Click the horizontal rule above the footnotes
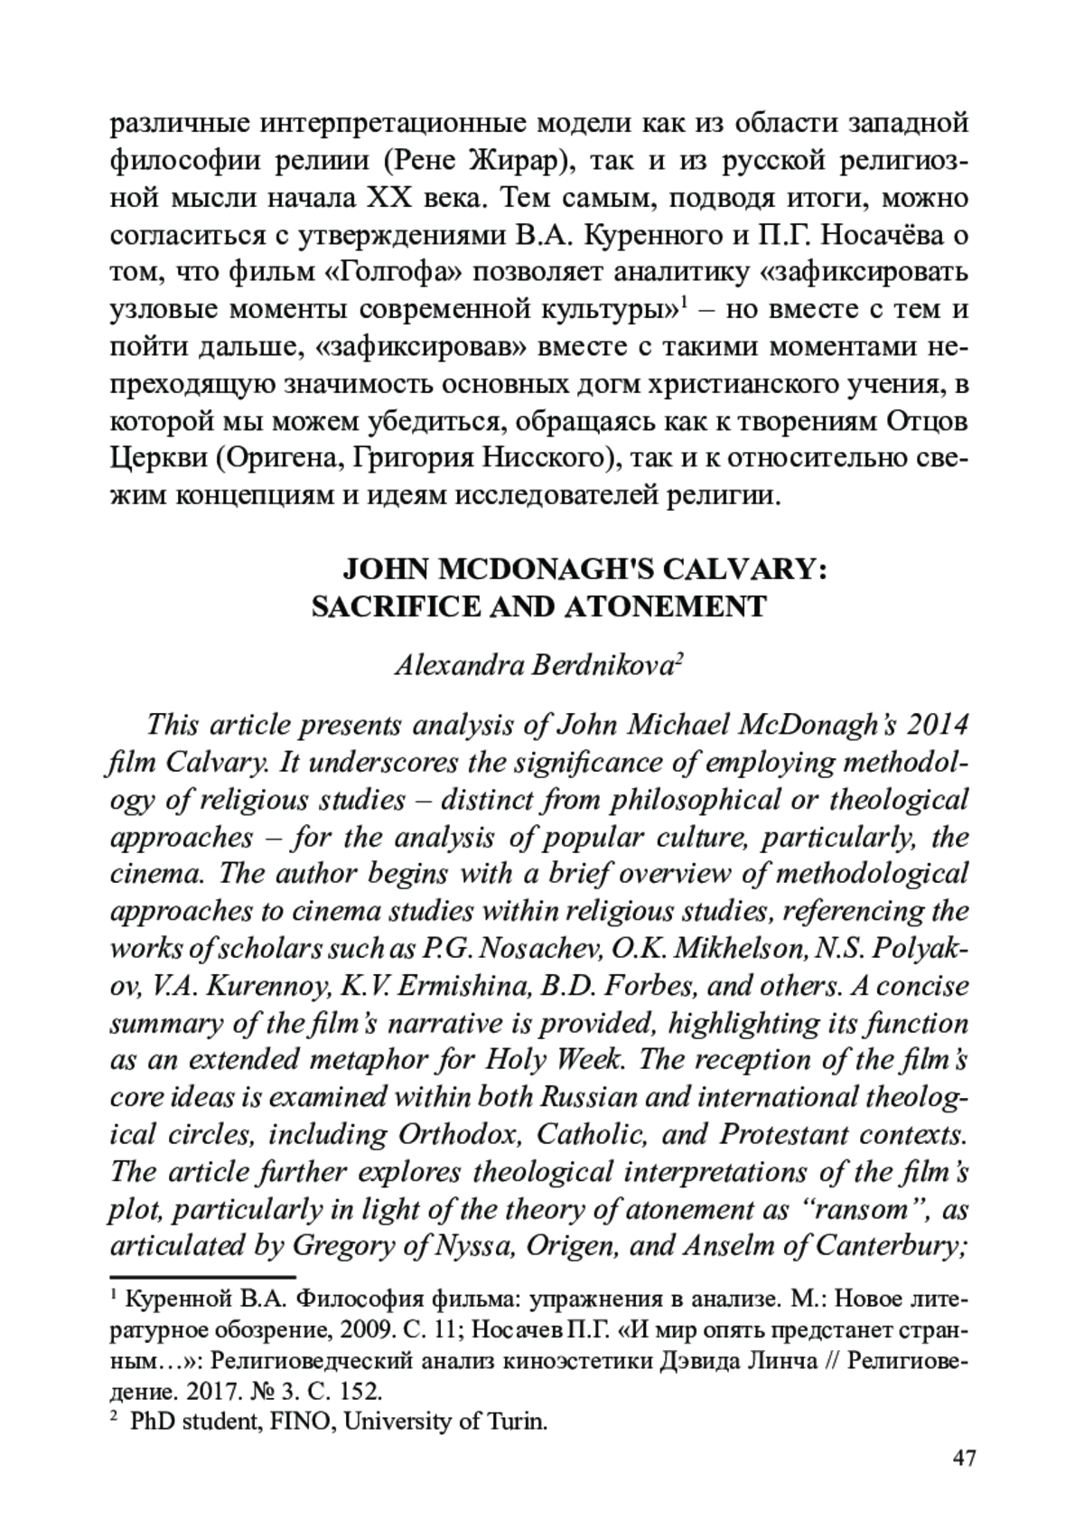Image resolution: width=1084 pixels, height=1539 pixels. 203,1277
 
